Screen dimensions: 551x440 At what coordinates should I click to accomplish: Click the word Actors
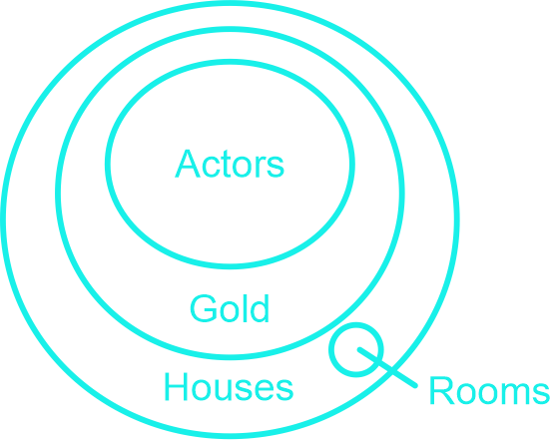[x=230, y=164]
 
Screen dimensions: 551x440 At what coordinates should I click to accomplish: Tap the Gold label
[x=230, y=308]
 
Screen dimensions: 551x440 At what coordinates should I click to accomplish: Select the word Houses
[x=230, y=387]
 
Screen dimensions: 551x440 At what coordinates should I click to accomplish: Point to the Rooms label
[x=489, y=390]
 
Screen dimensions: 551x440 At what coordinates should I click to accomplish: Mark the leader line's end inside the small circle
[x=359, y=349]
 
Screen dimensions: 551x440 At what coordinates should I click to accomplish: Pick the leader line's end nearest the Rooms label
[x=415, y=385]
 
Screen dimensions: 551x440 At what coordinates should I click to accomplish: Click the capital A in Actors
[x=188, y=164]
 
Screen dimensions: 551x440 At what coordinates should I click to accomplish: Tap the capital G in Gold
[x=204, y=308]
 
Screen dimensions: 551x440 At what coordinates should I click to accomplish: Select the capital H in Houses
[x=176, y=387]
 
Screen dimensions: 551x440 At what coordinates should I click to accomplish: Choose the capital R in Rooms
[x=442, y=390]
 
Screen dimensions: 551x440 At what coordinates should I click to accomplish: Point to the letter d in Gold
[x=261, y=308]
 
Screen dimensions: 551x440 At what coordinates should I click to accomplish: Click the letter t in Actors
[x=227, y=164]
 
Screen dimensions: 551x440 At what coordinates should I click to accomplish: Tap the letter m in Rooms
[x=515, y=394]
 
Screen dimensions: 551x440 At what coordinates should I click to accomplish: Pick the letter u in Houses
[x=223, y=390]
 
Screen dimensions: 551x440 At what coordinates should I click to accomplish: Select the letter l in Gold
[x=245, y=308]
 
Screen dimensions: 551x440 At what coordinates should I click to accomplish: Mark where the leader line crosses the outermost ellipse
[x=392, y=371]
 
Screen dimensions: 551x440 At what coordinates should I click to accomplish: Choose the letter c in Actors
[x=211, y=167]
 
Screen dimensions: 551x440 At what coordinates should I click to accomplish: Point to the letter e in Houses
[x=265, y=390]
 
